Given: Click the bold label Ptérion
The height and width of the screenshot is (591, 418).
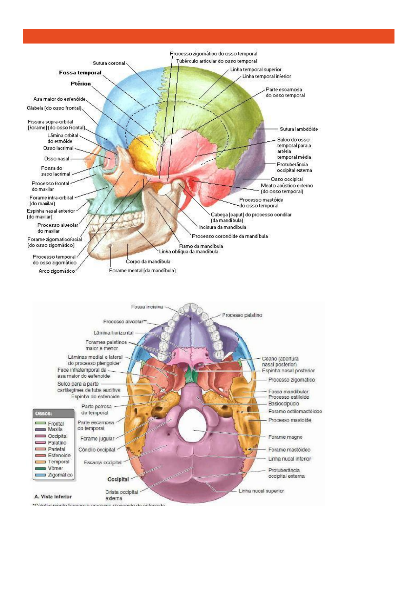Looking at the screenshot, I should click(81, 84).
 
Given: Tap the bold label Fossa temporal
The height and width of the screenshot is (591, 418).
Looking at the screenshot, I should click(80, 73).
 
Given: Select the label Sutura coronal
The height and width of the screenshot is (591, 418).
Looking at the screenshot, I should click(109, 64).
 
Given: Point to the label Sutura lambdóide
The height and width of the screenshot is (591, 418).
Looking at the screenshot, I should click(299, 129).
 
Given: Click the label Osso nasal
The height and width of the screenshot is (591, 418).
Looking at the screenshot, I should click(57, 159).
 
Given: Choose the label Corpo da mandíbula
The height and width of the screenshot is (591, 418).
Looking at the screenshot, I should click(148, 261).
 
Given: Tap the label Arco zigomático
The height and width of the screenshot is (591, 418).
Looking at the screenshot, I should click(57, 271).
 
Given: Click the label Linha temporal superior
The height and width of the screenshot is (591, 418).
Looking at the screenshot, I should click(256, 70).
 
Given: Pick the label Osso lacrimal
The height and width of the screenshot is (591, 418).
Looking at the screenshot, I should click(59, 148).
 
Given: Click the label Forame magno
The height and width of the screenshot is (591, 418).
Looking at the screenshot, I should click(285, 437).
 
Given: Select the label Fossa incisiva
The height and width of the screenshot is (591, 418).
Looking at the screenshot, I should click(147, 307).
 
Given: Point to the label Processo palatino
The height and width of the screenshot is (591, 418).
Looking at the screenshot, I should click(242, 316).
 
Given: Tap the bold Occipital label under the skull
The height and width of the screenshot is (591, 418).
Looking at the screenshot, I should click(118, 480).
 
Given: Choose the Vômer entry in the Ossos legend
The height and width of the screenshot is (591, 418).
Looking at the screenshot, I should click(55, 469).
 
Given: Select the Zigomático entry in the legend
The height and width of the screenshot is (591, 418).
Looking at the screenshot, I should click(60, 475).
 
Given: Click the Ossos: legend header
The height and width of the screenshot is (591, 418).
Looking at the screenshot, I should click(44, 414).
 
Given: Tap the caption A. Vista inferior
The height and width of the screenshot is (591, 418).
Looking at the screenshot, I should click(53, 497).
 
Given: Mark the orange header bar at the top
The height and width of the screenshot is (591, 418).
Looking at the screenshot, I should click(209, 36).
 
